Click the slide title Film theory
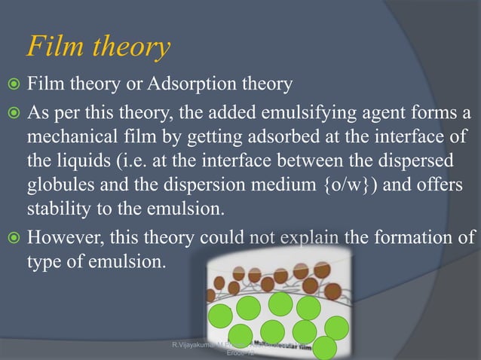[97, 47]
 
